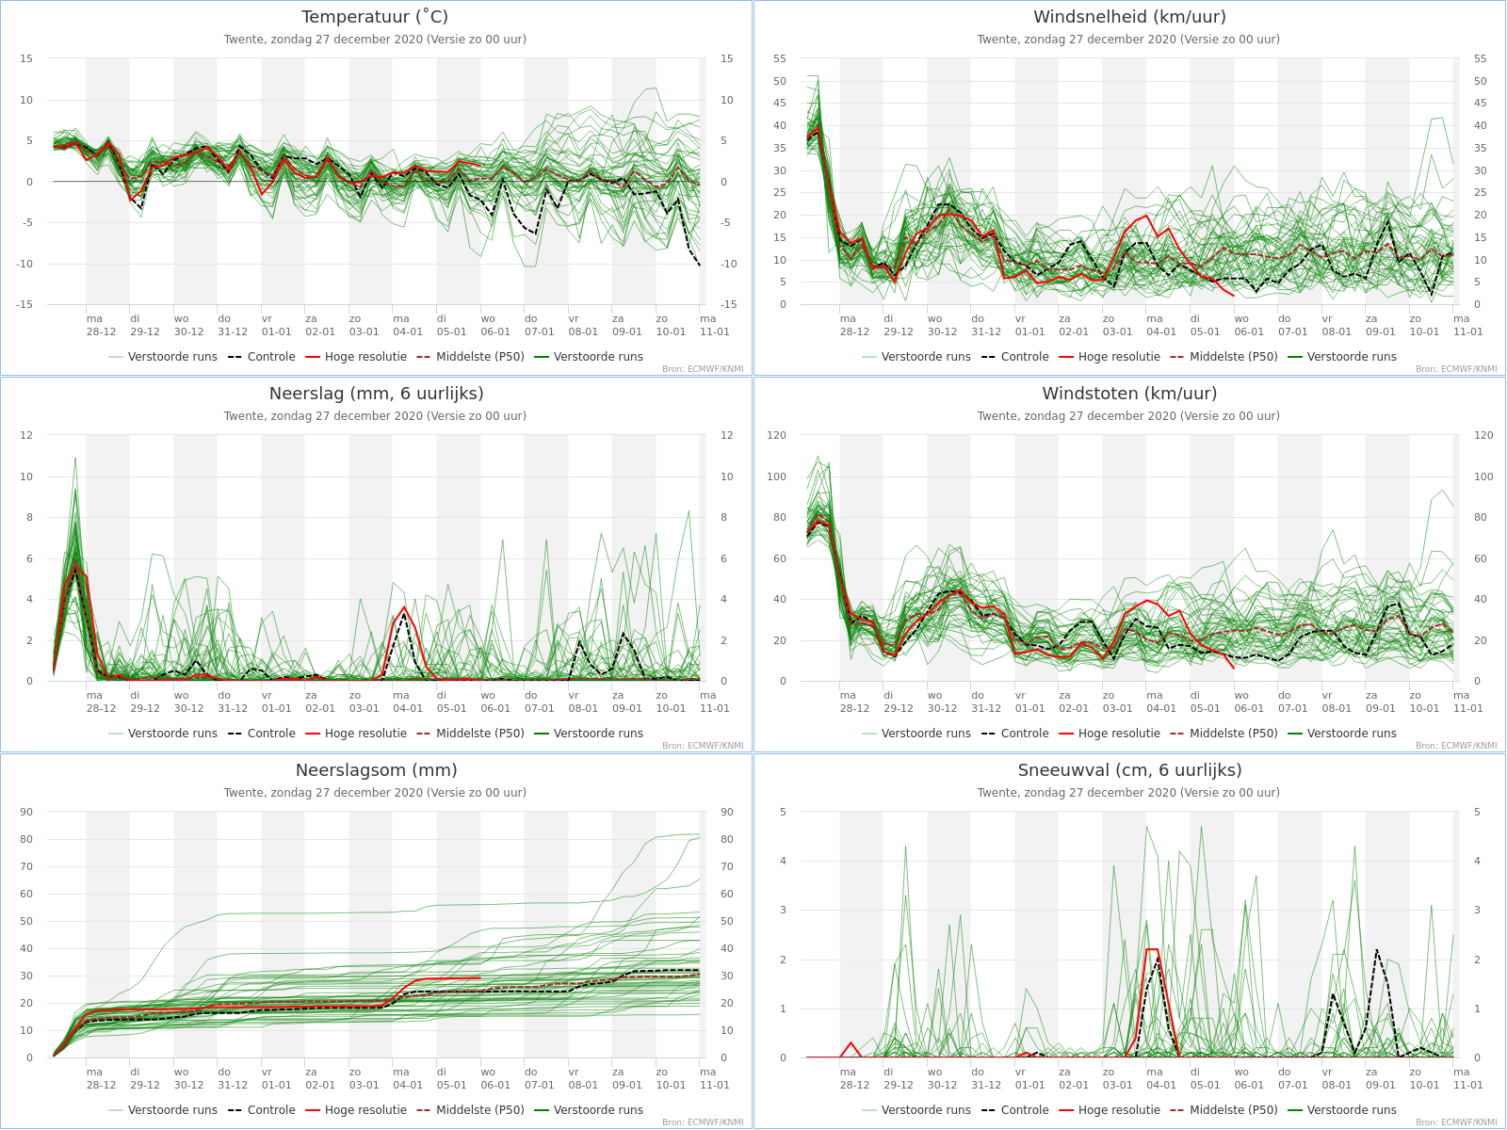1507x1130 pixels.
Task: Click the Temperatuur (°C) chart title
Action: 375,16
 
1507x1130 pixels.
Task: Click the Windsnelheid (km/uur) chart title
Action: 1129,16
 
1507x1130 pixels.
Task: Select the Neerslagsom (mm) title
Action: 376,769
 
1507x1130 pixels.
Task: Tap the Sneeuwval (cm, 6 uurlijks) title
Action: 1129,769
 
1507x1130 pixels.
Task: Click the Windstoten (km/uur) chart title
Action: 1129,393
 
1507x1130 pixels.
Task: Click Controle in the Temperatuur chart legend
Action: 271,357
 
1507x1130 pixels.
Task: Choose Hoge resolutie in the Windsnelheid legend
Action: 1119,357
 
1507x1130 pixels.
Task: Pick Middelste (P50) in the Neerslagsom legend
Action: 480,1110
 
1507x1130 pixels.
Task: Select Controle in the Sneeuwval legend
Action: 1025,1110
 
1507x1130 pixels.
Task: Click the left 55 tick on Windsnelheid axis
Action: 779,58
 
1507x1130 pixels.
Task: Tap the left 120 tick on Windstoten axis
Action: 776,435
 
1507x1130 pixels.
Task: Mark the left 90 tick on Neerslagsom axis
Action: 26,812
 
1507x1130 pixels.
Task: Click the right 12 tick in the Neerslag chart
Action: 726,435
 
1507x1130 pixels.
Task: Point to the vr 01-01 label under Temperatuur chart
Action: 276,325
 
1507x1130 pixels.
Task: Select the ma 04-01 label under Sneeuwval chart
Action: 1161,1078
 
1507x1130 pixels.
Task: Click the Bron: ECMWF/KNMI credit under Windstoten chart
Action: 1456,745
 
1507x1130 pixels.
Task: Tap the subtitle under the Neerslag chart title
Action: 375,416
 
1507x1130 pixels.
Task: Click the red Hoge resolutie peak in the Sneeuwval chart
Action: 1152,949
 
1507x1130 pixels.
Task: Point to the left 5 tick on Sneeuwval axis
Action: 783,812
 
